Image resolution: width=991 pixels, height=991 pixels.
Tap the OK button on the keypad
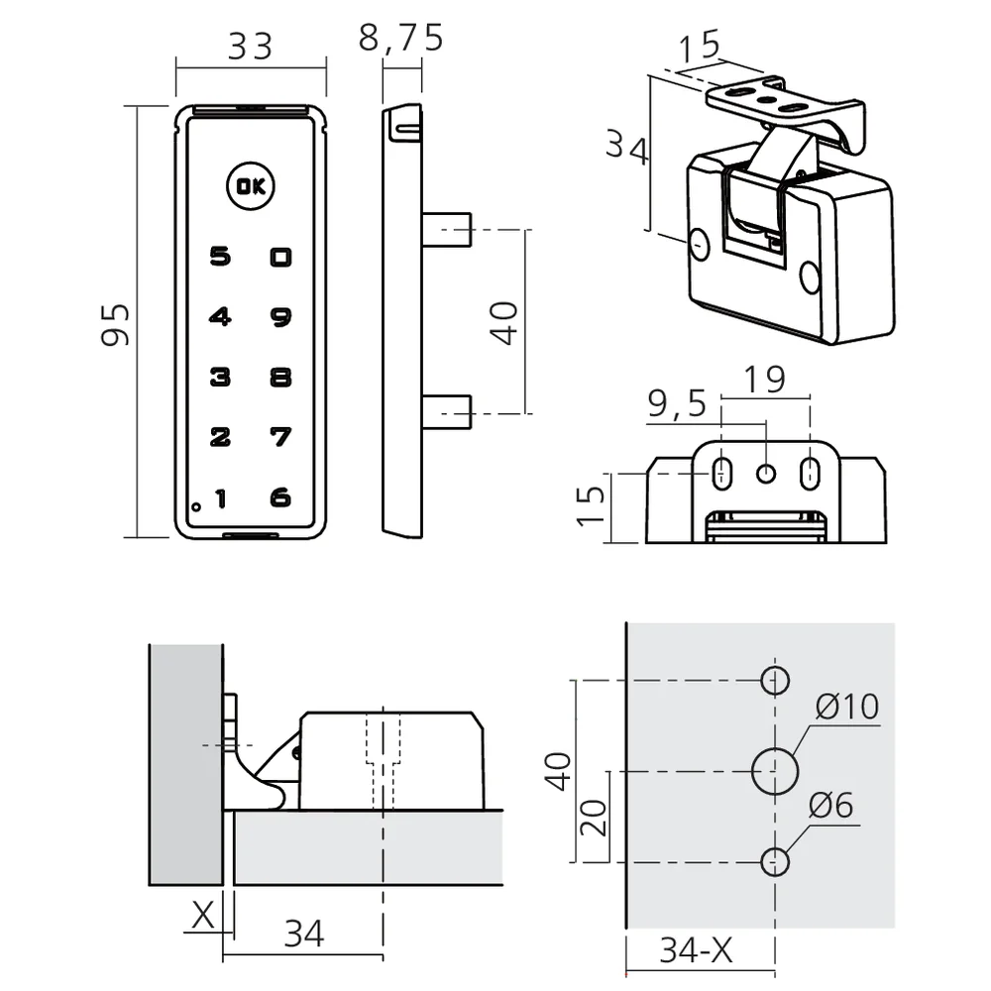pos(252,186)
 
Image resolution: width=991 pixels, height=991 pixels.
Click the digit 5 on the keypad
pos(220,258)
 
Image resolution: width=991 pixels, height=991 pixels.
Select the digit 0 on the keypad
pos(281,258)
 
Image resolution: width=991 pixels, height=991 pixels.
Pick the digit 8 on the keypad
pos(281,378)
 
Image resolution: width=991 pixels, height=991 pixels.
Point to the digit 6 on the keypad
pos(281,497)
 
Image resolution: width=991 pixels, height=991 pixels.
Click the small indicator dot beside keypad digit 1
pos(197,506)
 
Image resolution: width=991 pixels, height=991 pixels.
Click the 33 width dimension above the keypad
pos(250,46)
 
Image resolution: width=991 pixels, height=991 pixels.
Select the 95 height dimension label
pos(116,323)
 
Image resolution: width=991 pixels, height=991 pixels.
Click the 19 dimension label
pos(764,379)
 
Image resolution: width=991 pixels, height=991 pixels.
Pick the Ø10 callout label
pos(848,707)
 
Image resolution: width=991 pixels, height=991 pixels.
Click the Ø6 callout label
pos(830,807)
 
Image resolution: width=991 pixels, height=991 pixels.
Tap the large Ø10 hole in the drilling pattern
pos(775,771)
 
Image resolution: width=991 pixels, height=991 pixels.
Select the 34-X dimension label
pos(697,951)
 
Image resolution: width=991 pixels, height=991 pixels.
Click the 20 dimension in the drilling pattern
pos(595,817)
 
